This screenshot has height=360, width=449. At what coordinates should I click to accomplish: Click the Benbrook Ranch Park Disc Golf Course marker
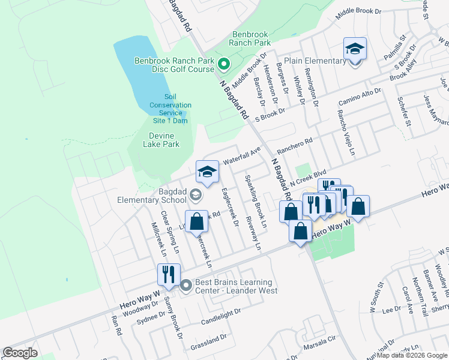point(223,64)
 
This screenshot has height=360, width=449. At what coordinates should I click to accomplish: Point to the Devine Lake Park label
point(161,140)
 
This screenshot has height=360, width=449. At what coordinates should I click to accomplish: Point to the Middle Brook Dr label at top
point(358,11)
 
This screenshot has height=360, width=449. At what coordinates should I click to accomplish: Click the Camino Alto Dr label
point(360,94)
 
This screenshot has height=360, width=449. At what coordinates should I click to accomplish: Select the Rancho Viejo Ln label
point(346,129)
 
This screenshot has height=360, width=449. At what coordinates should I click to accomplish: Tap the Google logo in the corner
point(20,352)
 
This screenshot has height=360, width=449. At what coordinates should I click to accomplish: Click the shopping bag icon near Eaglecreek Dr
point(196,221)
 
